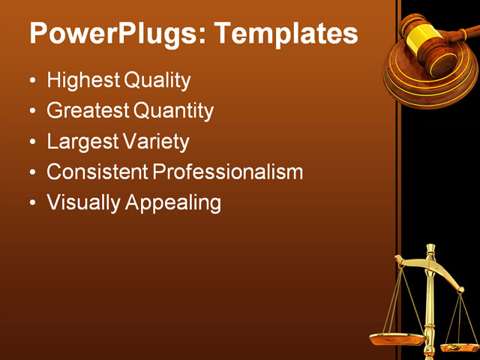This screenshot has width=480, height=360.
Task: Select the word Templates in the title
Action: click(286, 34)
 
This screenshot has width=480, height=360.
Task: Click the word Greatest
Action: click(88, 111)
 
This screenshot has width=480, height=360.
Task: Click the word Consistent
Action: click(97, 172)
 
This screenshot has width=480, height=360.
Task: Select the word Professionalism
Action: click(228, 172)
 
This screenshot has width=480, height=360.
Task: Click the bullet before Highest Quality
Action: click(31, 81)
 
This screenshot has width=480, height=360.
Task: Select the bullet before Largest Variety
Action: click(31, 142)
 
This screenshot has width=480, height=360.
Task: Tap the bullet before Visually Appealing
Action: click(31, 203)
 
